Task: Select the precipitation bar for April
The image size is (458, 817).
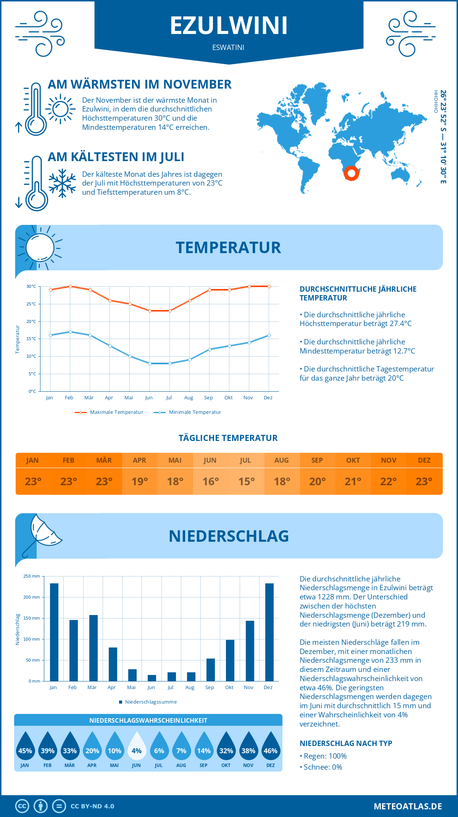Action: click(113, 664)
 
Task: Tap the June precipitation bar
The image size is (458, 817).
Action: click(152, 678)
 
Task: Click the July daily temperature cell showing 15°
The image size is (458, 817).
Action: click(246, 481)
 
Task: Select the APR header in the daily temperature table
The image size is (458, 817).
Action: click(139, 460)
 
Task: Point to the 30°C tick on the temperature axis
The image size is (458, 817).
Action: click(31, 286)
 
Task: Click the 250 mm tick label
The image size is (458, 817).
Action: click(32, 576)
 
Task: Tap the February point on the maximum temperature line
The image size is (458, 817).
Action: click(70, 286)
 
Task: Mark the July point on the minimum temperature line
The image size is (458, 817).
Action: click(170, 363)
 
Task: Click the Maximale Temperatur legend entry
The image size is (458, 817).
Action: click(109, 412)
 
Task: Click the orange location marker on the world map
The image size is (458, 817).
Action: click(351, 173)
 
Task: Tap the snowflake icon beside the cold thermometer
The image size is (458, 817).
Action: click(62, 183)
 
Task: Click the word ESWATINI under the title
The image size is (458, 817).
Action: click(228, 47)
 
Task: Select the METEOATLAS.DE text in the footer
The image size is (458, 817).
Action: click(408, 806)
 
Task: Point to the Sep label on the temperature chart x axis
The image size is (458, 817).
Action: click(208, 398)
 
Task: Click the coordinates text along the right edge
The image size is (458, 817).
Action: click(443, 137)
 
